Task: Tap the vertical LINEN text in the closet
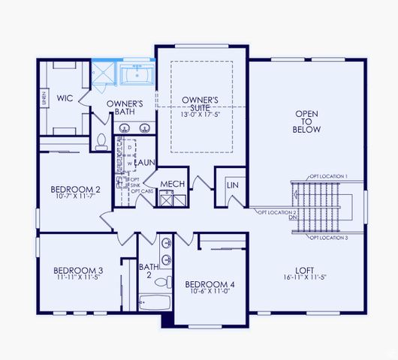pyautogui.click(x=44, y=97)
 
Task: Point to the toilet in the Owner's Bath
pyautogui.click(x=101, y=141)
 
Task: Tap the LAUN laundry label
pyautogui.click(x=145, y=161)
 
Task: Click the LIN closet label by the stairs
pyautogui.click(x=233, y=184)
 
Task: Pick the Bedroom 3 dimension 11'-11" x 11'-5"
pyautogui.click(x=77, y=277)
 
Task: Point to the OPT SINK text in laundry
pyautogui.click(x=135, y=185)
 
